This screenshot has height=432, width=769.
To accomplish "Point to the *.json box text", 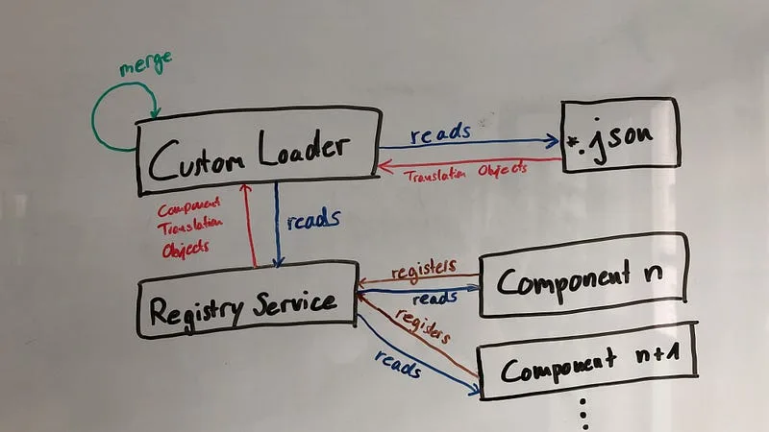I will [609, 141].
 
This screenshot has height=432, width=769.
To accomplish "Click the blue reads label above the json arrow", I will [439, 132].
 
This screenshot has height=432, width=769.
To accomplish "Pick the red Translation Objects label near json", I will [465, 173].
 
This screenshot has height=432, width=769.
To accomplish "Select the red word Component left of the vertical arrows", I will [188, 205].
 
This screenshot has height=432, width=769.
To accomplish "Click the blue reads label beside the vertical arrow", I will [313, 220].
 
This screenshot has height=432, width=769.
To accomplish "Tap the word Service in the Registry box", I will [295, 303].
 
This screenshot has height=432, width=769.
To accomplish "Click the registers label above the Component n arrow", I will [424, 267].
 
